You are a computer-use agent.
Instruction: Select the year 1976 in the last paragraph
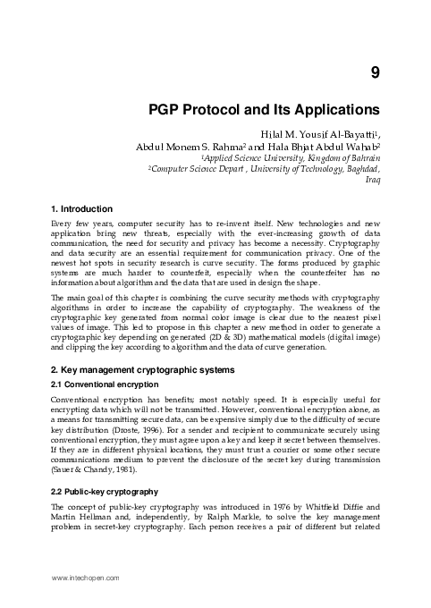pos(263,508)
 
